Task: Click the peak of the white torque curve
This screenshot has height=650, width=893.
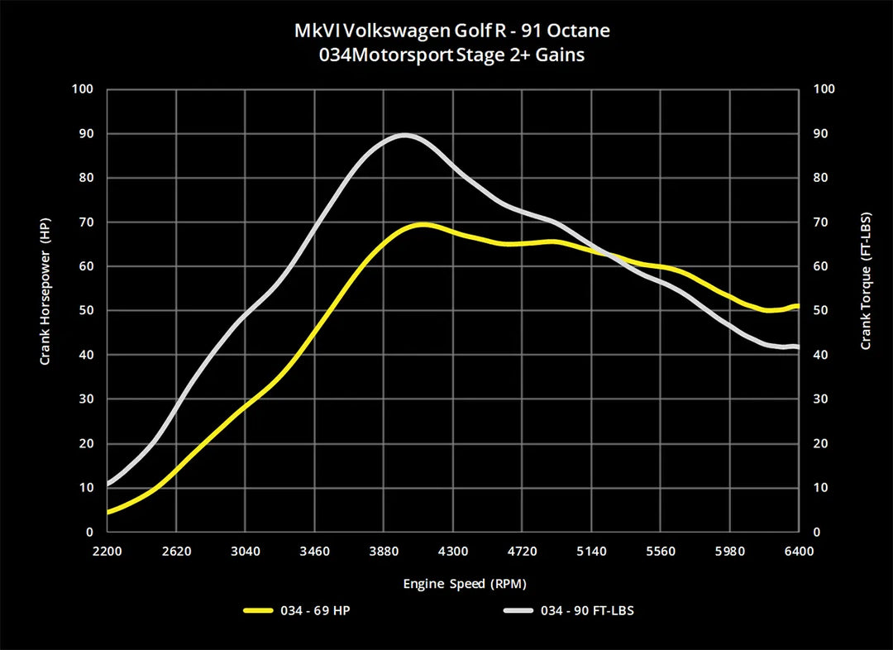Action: click(405, 135)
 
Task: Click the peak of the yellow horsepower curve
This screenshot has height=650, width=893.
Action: click(423, 224)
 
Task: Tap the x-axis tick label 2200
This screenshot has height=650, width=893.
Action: click(107, 551)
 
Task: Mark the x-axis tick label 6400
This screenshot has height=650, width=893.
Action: click(799, 551)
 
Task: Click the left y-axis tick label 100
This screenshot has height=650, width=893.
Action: click(84, 89)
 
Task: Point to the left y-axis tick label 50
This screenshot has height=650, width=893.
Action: click(87, 311)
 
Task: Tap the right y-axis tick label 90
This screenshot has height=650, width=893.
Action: click(822, 134)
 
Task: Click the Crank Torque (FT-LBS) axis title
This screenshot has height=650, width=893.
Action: click(866, 281)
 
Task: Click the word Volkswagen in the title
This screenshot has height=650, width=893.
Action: click(383, 31)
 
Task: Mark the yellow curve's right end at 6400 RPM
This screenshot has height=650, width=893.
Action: click(798, 307)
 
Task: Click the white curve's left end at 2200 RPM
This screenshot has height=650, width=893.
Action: click(108, 484)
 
